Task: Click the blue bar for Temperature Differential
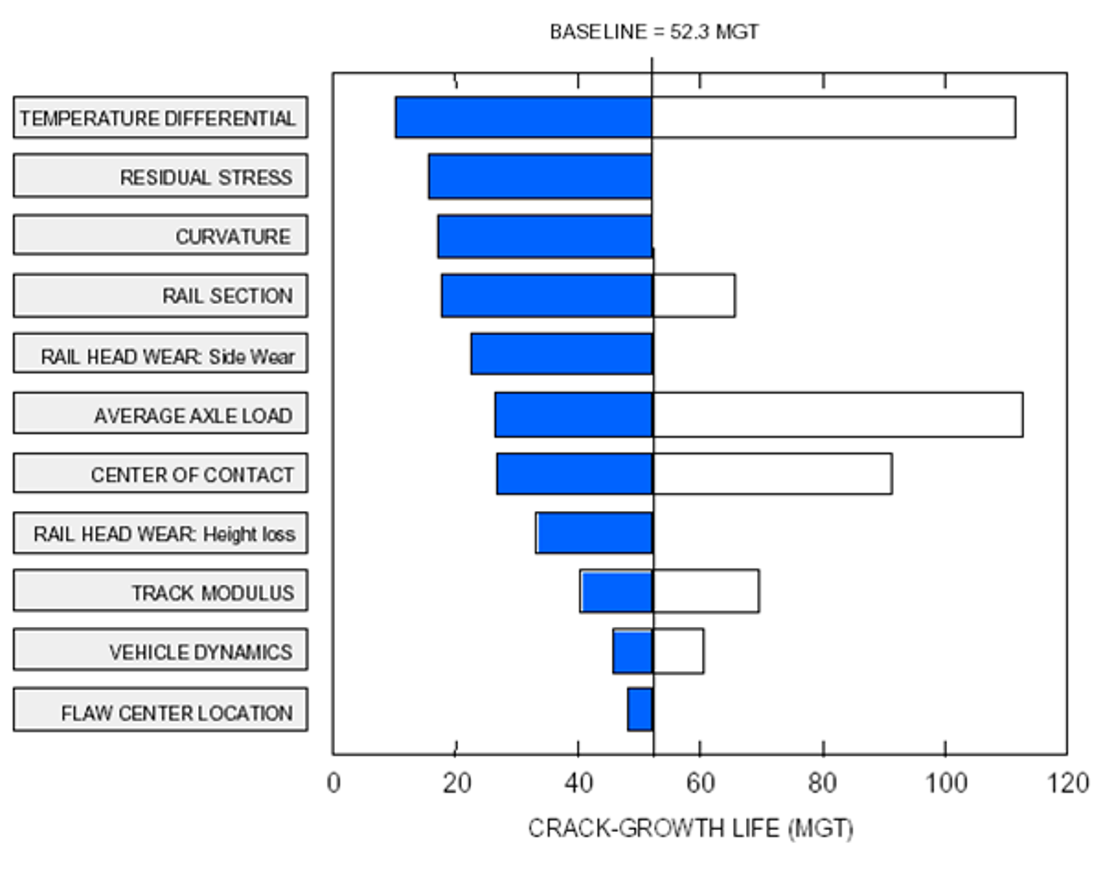(524, 117)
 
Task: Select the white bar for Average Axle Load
(838, 414)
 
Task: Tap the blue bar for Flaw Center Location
(640, 709)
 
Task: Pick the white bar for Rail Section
(694, 296)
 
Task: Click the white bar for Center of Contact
(772, 474)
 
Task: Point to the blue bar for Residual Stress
(540, 177)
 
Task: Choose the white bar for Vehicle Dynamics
(678, 651)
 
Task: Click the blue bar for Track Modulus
(616, 592)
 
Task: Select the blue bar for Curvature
(545, 236)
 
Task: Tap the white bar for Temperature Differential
(833, 117)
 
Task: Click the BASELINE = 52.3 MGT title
(654, 32)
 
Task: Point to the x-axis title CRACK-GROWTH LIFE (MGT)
(690, 828)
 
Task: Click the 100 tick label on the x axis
(944, 783)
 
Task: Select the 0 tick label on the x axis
(334, 783)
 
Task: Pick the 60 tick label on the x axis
(700, 783)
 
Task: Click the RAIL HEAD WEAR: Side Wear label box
(161, 354)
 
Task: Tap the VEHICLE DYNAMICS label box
(161, 650)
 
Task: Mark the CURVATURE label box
(161, 235)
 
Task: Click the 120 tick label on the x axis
(1068, 783)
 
